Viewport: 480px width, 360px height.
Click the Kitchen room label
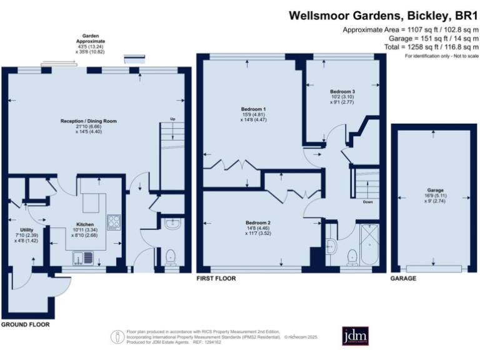point(85,224)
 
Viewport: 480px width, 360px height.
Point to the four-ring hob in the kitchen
point(114,221)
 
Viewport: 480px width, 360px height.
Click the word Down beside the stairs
point(368,202)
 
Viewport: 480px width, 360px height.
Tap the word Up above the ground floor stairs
point(173,119)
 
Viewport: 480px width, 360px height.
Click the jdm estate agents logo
point(356,336)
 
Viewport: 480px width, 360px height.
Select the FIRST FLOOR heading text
point(216,278)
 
